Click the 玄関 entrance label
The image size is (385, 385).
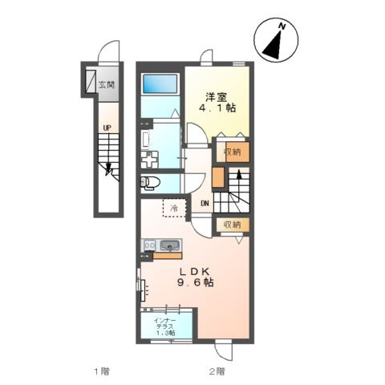point(107,85)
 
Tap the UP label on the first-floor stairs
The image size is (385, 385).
point(107,128)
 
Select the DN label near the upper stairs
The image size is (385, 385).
point(205,204)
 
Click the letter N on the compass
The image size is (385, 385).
point(282,26)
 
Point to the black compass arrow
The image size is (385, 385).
point(274,46)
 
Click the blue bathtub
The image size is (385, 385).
point(160,83)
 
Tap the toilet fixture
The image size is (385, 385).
point(150,183)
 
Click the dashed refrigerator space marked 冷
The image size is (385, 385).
point(174,208)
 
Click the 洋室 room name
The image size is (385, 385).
point(217,97)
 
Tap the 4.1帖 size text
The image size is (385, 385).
point(217,108)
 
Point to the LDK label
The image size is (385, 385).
point(194,272)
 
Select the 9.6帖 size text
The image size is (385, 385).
point(196,283)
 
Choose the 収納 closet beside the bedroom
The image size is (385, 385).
point(233,152)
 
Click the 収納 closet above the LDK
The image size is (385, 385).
point(233,225)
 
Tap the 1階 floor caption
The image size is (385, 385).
point(102,371)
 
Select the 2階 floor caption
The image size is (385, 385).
point(217,371)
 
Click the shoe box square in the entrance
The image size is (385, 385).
point(91,82)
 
